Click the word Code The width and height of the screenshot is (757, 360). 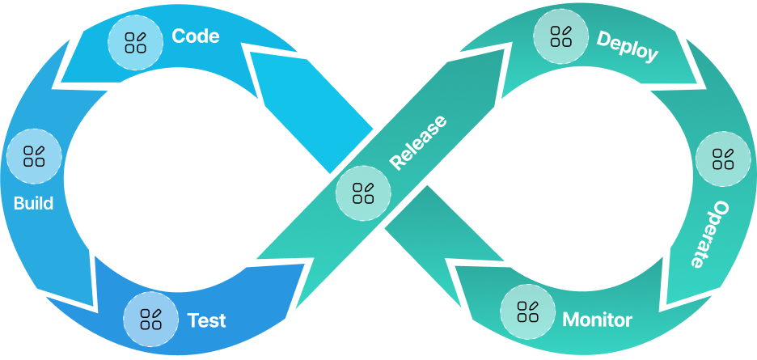point(196,36)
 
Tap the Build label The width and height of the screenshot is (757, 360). point(34,203)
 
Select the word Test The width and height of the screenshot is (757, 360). point(206,320)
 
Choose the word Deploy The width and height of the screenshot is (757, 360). point(627,48)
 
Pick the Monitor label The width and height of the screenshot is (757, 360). point(597,320)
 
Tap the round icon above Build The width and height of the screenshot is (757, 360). point(34,155)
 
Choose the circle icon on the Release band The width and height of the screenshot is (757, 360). point(363,193)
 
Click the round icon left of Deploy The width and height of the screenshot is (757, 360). point(561,36)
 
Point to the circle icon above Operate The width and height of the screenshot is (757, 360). point(723,159)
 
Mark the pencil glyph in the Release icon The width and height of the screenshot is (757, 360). point(369,188)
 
